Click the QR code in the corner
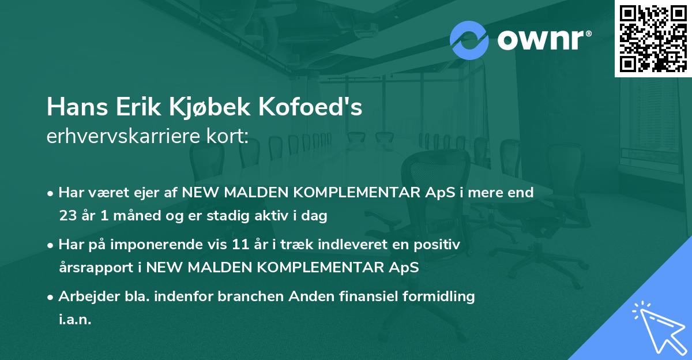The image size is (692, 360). pos(653,38)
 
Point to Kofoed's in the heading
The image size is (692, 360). pos(317,107)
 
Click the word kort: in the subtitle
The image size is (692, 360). pos(229,137)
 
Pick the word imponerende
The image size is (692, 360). pos(166,245)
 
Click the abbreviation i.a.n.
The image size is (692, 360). pos(75,320)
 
